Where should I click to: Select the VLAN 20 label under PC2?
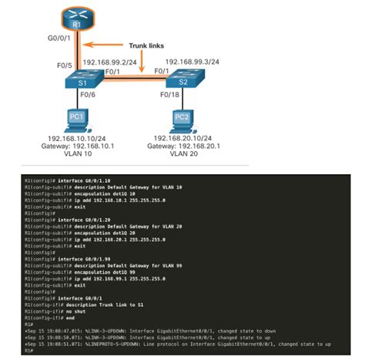click(x=182, y=153)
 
